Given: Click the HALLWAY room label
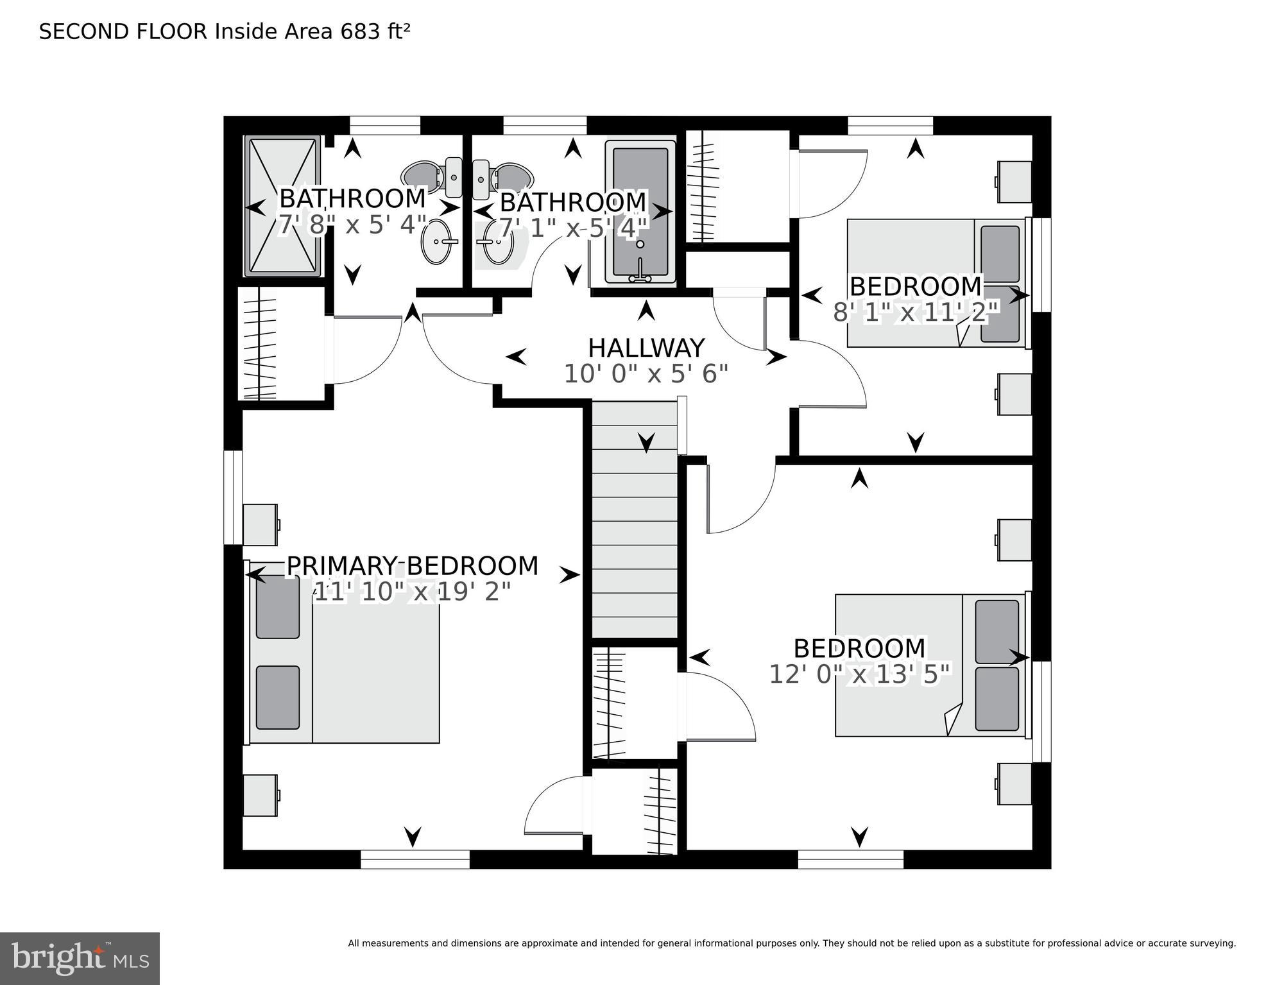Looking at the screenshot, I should [646, 348].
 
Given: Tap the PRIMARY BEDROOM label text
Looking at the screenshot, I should [412, 566].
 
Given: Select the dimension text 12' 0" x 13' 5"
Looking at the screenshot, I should [859, 674].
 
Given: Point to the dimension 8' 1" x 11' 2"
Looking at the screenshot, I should [916, 313].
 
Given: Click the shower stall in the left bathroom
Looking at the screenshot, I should [282, 206].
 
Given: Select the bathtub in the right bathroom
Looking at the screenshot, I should [640, 212].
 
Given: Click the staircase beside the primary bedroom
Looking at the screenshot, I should [634, 520].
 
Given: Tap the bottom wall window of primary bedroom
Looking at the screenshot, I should [415, 859].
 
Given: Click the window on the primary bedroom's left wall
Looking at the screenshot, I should [233, 497].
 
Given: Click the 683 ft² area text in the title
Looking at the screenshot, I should [375, 31].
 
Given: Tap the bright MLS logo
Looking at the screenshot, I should [80, 959].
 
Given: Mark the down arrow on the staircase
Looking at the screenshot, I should [646, 441].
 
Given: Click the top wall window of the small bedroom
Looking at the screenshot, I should [890, 125].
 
